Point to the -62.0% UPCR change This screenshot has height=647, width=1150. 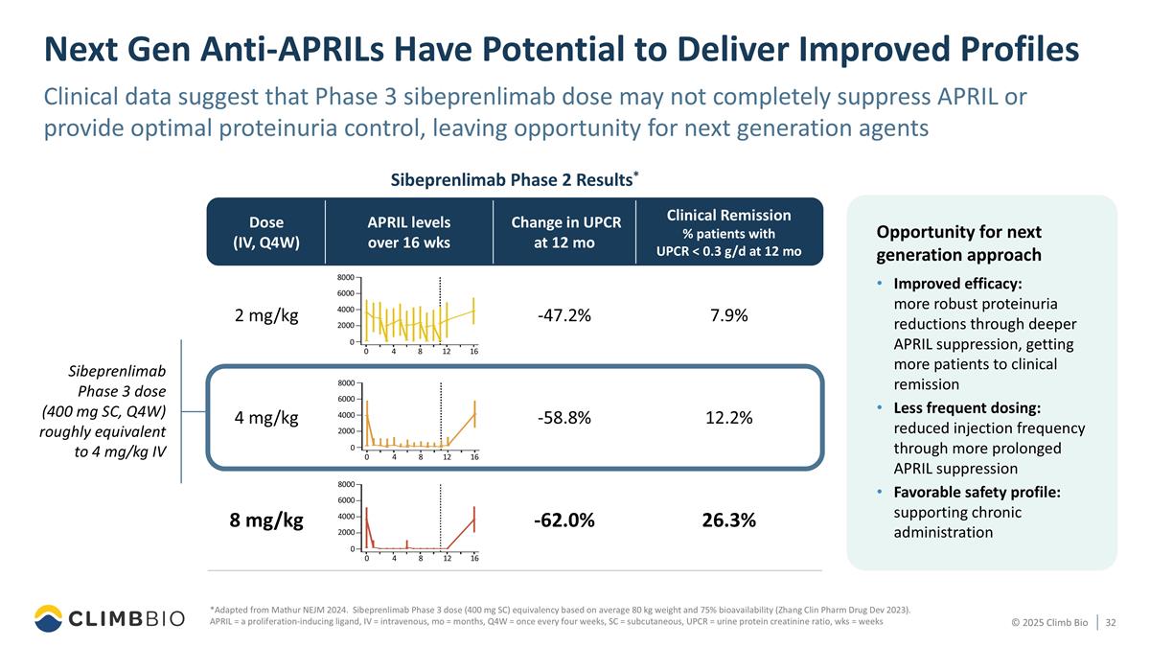pos(563,520)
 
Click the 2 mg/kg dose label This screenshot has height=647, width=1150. pos(266,316)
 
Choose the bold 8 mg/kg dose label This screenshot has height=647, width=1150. pos(266,520)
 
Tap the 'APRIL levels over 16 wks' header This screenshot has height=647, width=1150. pos(409,232)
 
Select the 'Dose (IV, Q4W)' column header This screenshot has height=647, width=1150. pos(266,232)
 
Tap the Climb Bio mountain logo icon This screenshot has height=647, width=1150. pos(48,618)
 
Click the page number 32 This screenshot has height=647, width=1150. pos(1112,623)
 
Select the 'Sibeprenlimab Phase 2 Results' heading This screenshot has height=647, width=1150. pos(513,179)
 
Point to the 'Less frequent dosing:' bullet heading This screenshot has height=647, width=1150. pos(969,407)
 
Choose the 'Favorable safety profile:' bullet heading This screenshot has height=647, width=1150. pos(977,492)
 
